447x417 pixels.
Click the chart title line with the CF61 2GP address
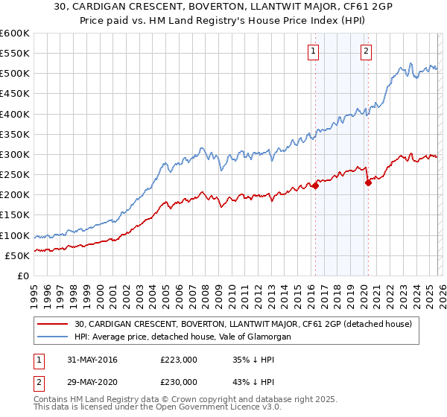pyautogui.click(x=223, y=8)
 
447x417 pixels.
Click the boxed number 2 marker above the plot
pyautogui.click(x=367, y=51)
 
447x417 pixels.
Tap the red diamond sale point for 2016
pyautogui.click(x=315, y=186)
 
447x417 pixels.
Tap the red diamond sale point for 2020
pyautogui.click(x=368, y=183)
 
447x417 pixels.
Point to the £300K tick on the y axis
pyautogui.click(x=15, y=155)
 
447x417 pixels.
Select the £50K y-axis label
pyautogui.click(x=17, y=255)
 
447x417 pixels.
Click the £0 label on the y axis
pyautogui.click(x=23, y=276)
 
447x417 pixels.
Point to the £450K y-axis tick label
pyautogui.click(x=15, y=94)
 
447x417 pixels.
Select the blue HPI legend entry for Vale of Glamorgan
pyautogui.click(x=182, y=337)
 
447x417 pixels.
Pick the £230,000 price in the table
pyautogui.click(x=179, y=381)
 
